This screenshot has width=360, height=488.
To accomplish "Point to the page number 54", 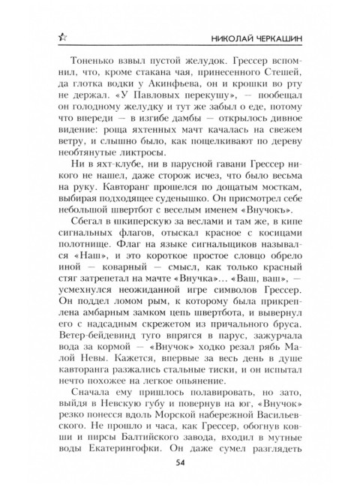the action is coord(180,468).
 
